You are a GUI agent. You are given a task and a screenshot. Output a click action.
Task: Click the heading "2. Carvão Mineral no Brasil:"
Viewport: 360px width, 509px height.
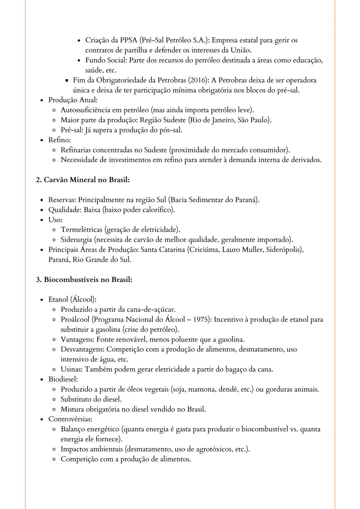pos(83,180)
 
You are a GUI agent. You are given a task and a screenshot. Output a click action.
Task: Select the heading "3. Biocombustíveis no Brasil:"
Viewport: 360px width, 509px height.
pos(84,279)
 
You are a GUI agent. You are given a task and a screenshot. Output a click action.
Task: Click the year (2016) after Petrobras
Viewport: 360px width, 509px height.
pos(198,80)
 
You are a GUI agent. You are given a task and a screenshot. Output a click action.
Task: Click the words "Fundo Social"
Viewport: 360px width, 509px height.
pos(106,60)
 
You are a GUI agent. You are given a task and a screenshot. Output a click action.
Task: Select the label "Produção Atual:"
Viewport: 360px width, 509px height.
pos(73,100)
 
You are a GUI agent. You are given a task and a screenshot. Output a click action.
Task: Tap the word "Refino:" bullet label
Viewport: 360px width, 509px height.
pos(59,140)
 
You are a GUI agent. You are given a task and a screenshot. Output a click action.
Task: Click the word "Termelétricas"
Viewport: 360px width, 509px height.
pos(81,230)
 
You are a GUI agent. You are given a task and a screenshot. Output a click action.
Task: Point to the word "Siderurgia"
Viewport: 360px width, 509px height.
pos(76,240)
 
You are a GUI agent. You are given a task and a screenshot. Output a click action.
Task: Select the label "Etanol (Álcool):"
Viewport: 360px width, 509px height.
pos(72,299)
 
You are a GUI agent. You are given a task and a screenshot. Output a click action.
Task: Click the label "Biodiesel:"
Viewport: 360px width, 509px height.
pos(63,379)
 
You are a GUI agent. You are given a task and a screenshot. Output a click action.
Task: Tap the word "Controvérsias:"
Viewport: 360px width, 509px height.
pos(70,419)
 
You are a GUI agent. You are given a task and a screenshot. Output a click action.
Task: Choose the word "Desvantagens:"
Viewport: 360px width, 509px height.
pos(82,349)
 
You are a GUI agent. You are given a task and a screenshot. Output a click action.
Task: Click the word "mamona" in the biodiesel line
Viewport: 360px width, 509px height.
pos(201,389)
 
